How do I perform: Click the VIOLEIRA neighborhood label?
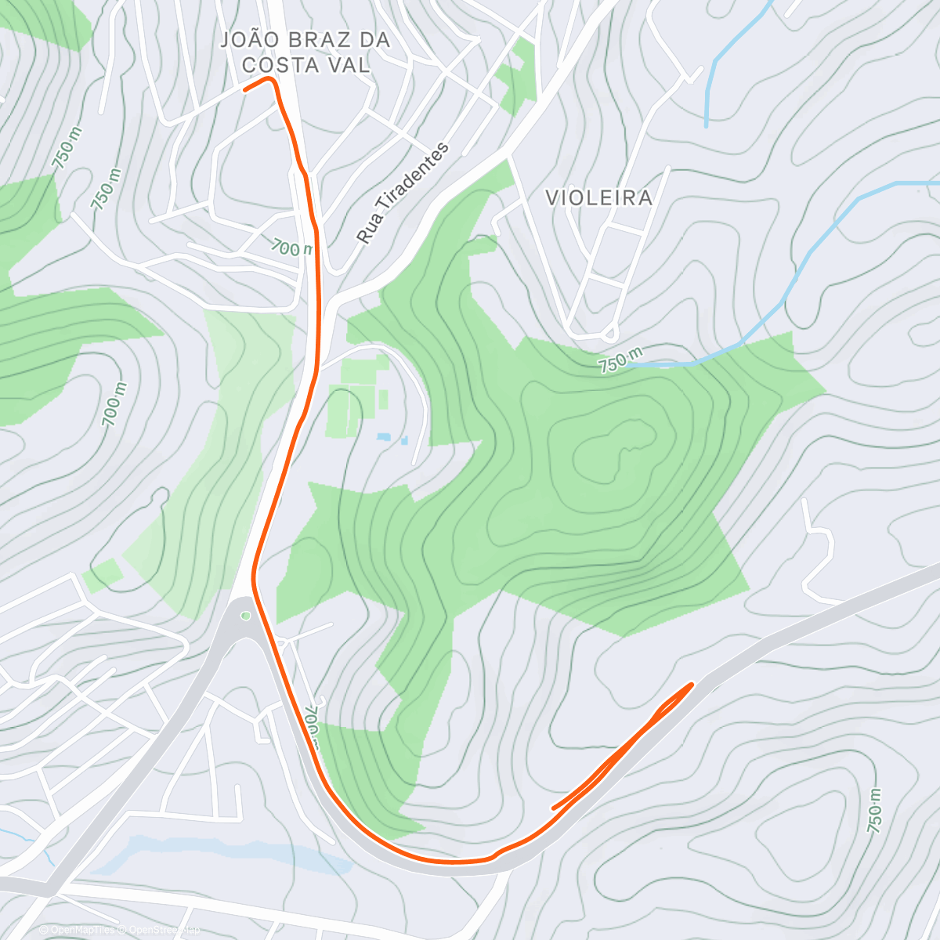point(599,197)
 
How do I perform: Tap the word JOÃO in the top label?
point(248,40)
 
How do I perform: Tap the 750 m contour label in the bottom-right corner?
point(875,810)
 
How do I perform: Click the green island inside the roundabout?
point(246,616)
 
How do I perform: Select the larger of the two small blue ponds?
point(384,436)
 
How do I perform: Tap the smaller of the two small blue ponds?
point(404,441)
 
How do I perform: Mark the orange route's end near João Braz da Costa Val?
point(246,89)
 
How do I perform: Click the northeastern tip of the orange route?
point(691,685)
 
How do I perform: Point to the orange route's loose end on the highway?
point(555,808)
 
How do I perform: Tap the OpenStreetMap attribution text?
point(161,930)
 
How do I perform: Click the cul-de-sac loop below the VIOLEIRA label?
point(610,334)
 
